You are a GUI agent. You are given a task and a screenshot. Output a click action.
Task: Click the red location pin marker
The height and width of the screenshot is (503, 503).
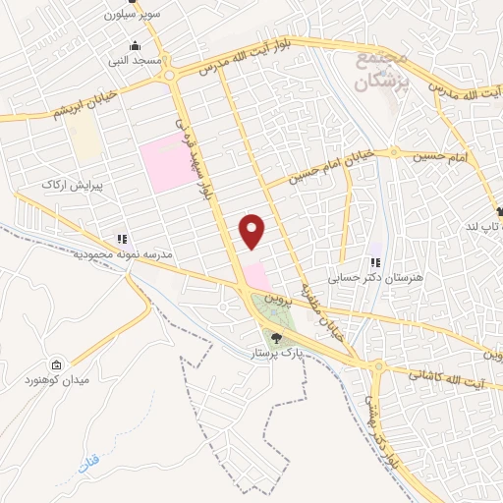(x=252, y=231)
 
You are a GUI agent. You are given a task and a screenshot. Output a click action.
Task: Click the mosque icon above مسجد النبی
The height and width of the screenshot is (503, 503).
(x=135, y=45)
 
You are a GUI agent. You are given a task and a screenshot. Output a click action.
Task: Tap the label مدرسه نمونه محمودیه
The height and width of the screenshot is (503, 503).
(x=123, y=253)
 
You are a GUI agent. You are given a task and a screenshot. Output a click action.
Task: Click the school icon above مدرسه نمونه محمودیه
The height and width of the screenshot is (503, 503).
(x=122, y=239)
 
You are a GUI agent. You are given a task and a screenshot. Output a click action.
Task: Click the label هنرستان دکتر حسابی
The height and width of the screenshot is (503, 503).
(x=373, y=278)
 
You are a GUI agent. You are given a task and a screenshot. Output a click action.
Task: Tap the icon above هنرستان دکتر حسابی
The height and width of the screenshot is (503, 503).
(x=374, y=263)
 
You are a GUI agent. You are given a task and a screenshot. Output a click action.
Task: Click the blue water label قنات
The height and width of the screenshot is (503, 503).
(x=89, y=459)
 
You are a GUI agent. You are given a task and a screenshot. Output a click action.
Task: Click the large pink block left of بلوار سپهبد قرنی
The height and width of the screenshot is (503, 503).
(x=167, y=163)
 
